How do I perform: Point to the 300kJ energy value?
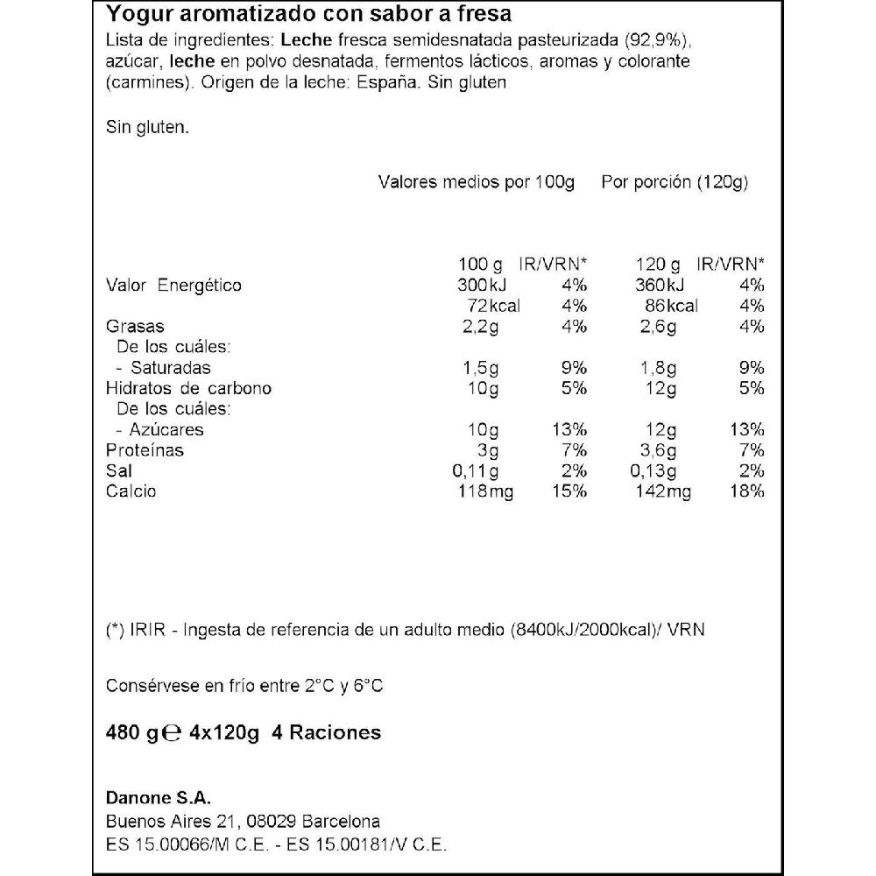(482, 285)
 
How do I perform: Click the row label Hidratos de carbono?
(188, 388)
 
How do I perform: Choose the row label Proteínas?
(145, 450)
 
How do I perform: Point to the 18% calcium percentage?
(749, 491)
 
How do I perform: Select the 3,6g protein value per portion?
(657, 450)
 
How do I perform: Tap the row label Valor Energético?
(173, 285)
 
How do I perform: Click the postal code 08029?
(272, 822)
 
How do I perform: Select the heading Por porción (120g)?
(674, 182)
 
